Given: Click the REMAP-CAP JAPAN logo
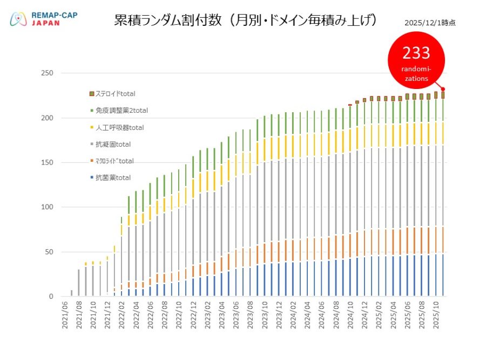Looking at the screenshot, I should [x=43, y=19].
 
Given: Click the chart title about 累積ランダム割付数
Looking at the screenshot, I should [x=246, y=20].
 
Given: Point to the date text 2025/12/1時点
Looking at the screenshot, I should [x=429, y=23].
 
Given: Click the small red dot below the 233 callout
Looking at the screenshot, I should [x=443, y=89].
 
